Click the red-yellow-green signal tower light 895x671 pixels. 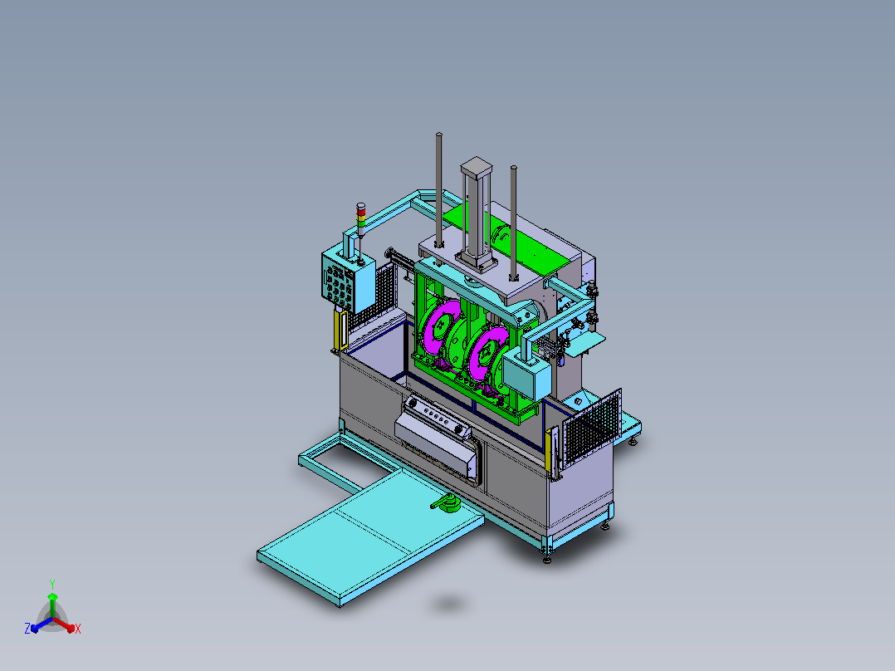click(360, 217)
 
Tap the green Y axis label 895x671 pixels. click(52, 584)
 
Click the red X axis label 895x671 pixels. click(78, 629)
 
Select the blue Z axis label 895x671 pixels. click(27, 628)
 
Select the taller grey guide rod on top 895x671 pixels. click(439, 190)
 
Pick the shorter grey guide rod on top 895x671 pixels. click(514, 223)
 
